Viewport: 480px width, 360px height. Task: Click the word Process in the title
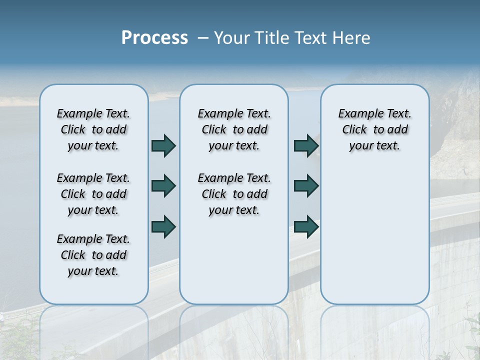154,38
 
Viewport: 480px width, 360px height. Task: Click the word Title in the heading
270,38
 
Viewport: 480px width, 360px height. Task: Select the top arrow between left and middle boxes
163,145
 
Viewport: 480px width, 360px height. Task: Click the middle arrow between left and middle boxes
163,186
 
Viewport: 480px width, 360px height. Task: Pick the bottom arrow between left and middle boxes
163,226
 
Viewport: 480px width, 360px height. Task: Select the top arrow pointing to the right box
306,145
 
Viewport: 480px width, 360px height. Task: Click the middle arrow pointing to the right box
306,186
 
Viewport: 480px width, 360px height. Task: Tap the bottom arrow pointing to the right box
306,226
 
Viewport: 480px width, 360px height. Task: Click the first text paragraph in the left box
93,129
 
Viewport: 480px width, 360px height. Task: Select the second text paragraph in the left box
93,194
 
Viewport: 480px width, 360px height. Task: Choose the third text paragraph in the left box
93,255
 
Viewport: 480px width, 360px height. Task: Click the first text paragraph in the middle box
234,129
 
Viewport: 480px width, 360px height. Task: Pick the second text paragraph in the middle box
234,194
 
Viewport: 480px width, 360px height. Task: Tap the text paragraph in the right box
375,129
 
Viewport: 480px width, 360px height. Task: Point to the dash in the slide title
203,38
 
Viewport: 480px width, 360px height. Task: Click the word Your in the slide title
231,38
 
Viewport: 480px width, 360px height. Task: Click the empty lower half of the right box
375,240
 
